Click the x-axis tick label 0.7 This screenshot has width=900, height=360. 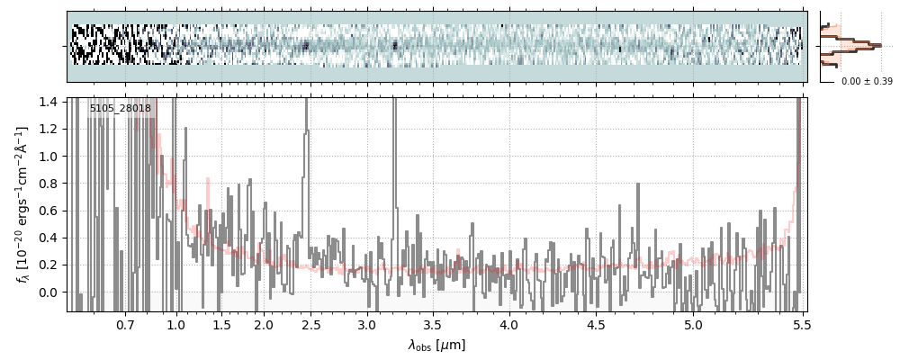pyautogui.click(x=126, y=326)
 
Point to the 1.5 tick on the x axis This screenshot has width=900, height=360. pyautogui.click(x=222, y=326)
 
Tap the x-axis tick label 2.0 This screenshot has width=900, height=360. pyautogui.click(x=264, y=326)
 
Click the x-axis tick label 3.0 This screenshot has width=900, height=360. pyautogui.click(x=367, y=326)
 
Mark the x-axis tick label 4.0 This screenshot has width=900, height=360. pyautogui.click(x=509, y=326)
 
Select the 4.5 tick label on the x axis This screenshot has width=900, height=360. pyautogui.click(x=597, y=326)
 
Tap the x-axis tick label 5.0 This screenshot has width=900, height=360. pyautogui.click(x=694, y=326)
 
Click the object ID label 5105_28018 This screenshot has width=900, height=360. pyautogui.click(x=121, y=108)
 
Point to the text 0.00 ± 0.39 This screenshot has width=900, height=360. pyautogui.click(x=867, y=82)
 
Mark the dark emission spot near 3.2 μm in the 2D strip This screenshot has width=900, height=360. pyautogui.click(x=395, y=44)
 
